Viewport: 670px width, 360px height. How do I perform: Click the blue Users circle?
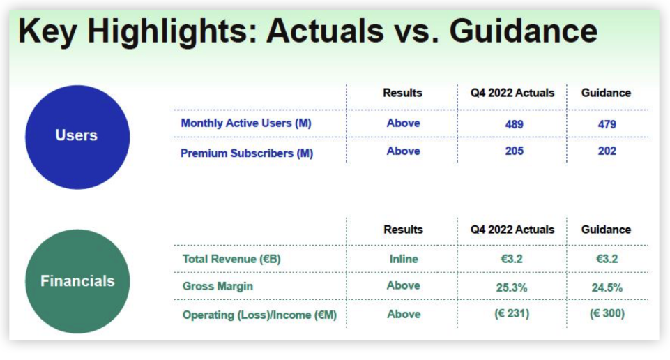pos(77,137)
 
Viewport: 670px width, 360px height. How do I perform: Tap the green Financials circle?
pos(77,281)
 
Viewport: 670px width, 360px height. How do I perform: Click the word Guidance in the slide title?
pos(524,31)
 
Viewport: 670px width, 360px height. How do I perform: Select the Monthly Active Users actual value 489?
pos(514,124)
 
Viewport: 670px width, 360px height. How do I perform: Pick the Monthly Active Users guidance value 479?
pos(607,124)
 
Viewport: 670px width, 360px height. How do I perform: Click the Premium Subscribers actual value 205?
pos(514,151)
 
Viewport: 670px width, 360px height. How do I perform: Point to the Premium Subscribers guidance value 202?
pos(607,151)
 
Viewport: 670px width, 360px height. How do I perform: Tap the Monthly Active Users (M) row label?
pos(246,123)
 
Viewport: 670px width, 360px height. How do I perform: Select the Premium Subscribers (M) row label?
pos(247,153)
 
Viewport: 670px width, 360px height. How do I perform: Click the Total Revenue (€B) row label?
pos(231,259)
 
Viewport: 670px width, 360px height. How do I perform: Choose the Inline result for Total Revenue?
pos(404,259)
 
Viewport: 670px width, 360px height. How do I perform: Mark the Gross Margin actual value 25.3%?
pos(512,287)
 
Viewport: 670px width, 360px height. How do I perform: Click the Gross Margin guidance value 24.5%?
pos(607,287)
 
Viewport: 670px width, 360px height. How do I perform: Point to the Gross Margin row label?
pos(218,286)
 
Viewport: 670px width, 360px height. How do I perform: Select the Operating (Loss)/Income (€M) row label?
pos(259,315)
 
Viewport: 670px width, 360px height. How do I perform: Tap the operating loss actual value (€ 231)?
pos(512,314)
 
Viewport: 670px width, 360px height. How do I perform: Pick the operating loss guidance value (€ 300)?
pos(607,314)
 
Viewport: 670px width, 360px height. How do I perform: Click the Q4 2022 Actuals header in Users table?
pos(512,93)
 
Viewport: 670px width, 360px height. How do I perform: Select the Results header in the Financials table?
pos(403,230)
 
